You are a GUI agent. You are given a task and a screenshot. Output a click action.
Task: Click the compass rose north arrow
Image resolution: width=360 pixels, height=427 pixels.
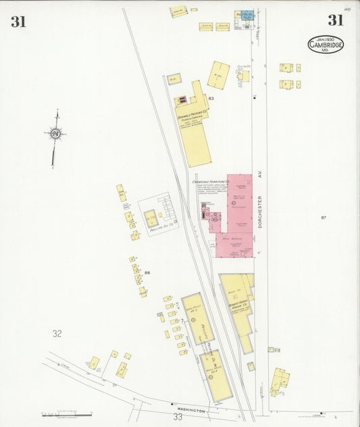(x=55, y=134)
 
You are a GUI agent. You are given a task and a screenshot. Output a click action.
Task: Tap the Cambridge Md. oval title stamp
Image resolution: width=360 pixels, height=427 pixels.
(x=325, y=45)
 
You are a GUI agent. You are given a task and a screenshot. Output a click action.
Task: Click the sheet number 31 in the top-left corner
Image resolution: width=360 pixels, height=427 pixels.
(x=18, y=22)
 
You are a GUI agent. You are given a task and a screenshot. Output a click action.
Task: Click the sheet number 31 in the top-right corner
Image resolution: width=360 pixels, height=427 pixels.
(x=336, y=20)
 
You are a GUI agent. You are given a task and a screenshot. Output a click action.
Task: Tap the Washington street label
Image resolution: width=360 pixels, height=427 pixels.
(x=191, y=410)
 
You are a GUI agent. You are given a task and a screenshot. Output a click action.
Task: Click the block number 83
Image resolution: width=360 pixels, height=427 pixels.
(x=211, y=99)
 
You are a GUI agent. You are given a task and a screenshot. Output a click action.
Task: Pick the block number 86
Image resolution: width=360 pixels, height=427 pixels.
(x=147, y=273)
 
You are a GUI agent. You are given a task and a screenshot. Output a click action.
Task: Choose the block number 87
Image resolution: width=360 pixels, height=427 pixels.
(x=324, y=218)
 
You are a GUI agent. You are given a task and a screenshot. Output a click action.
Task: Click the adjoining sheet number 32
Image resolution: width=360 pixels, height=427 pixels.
(x=57, y=333)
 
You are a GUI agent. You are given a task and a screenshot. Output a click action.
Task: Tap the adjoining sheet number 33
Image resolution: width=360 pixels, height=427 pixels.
(x=178, y=417)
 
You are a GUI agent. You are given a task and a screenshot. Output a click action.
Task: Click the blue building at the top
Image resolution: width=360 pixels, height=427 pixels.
(x=245, y=14)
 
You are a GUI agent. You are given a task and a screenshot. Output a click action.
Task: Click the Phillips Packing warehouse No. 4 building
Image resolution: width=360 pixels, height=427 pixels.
(x=216, y=374)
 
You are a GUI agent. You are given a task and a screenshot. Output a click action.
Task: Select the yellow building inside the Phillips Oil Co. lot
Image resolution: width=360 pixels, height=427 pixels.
(x=151, y=218)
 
